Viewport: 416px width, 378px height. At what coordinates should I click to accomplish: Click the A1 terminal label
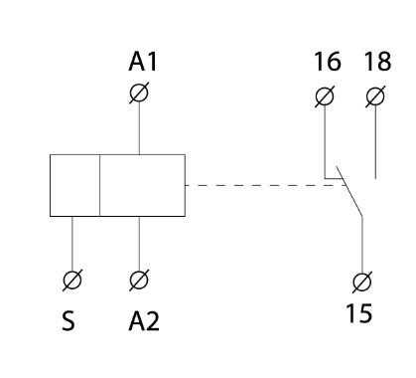pos(140,64)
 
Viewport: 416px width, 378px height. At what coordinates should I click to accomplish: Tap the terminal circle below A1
pos(140,94)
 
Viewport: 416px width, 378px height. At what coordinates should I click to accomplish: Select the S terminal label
pos(72,322)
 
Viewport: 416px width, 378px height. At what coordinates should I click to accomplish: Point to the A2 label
pos(143,322)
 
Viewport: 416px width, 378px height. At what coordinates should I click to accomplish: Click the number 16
pos(326,64)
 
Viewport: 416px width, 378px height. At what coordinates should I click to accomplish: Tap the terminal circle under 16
pos(325,96)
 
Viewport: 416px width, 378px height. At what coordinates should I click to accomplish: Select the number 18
pos(374,64)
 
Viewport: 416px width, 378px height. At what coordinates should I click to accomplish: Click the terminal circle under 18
pos(374,96)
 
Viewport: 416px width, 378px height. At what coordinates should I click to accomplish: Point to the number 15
pos(359,315)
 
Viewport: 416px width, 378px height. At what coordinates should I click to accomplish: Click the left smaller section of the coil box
pos(74,185)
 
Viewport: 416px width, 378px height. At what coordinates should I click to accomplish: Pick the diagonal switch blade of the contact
pos(350,196)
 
